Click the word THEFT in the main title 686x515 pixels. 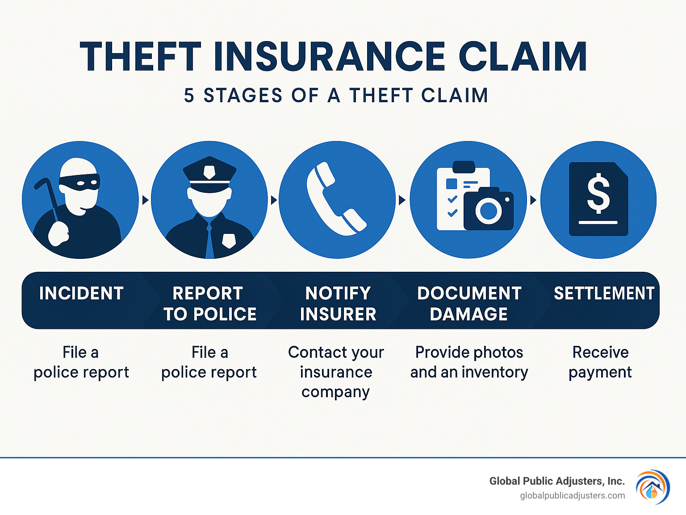(140, 57)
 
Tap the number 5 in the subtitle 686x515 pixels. (189, 96)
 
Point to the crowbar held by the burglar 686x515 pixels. (48, 194)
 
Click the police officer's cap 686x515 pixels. (209, 172)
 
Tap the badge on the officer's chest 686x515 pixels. (229, 240)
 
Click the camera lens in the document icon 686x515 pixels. (488, 210)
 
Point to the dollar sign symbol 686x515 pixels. (598, 193)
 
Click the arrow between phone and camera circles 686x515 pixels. (402, 200)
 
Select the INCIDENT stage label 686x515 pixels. (81, 294)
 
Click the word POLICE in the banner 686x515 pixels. (225, 315)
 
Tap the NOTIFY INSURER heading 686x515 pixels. (338, 304)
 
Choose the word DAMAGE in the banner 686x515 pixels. (468, 315)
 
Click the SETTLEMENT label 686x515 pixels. (604, 294)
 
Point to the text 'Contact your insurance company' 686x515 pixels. (336, 372)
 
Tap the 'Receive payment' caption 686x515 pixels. (600, 362)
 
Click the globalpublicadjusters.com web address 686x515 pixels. (572, 496)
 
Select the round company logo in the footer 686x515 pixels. (653, 487)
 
